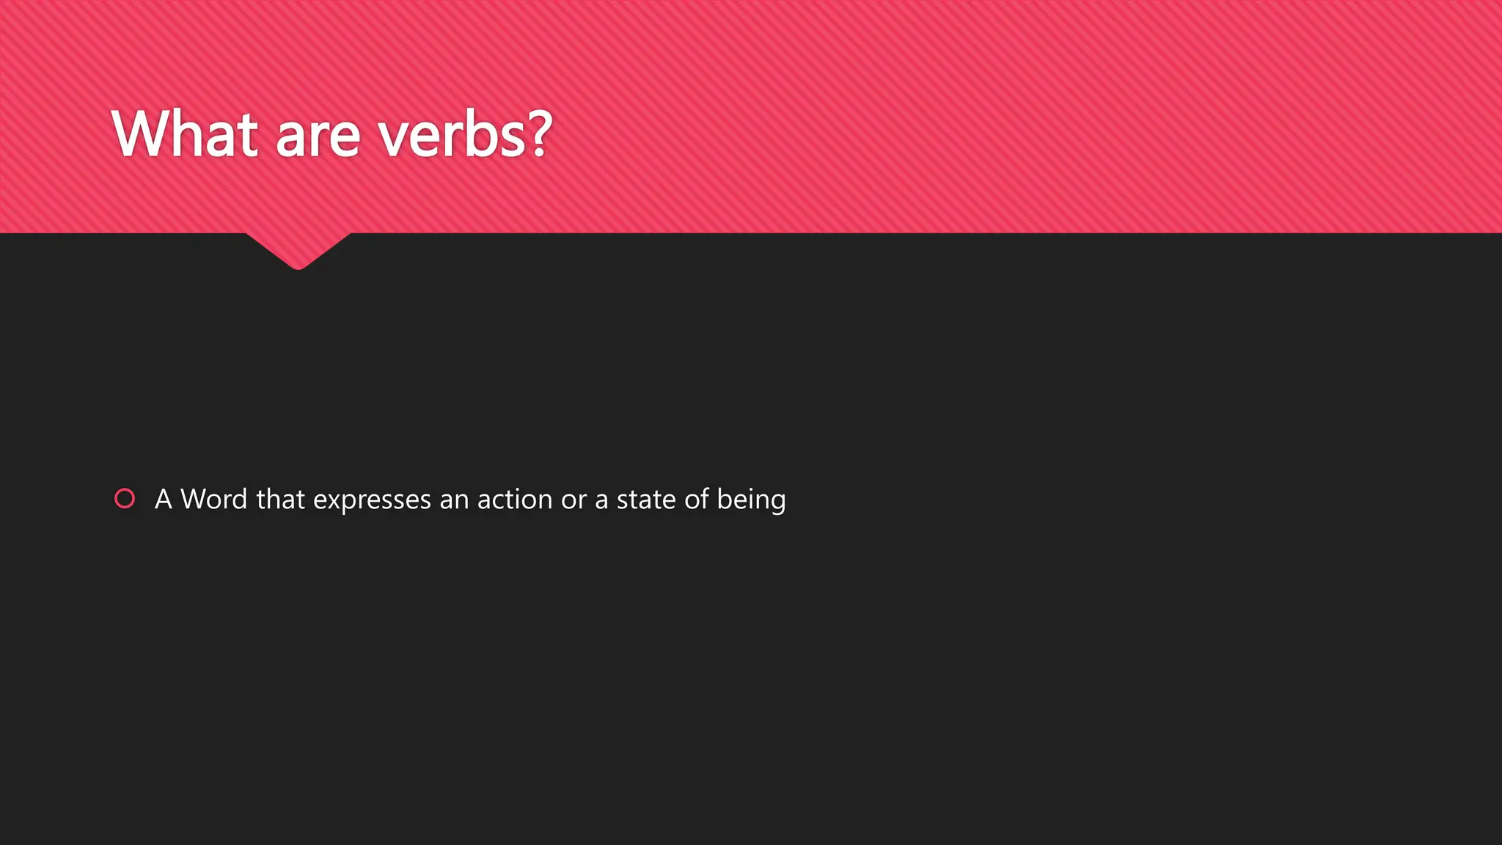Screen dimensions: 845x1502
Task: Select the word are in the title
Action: click(x=318, y=137)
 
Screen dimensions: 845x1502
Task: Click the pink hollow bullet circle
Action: click(x=125, y=499)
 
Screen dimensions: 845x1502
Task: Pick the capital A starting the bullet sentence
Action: click(x=163, y=500)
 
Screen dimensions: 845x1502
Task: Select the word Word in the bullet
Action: click(x=213, y=500)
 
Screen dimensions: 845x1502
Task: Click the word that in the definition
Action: click(x=280, y=500)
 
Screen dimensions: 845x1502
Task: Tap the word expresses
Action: click(x=372, y=501)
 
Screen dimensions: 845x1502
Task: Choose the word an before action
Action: click(x=454, y=500)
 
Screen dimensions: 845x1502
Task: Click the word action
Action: click(x=514, y=500)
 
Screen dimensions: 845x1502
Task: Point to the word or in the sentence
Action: click(x=574, y=500)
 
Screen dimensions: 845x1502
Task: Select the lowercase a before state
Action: click(x=601, y=500)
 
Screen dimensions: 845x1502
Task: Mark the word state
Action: click(x=646, y=500)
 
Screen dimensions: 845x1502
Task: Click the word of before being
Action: click(x=697, y=499)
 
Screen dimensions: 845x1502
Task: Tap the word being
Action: click(x=751, y=501)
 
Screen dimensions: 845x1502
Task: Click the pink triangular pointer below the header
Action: click(x=298, y=249)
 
